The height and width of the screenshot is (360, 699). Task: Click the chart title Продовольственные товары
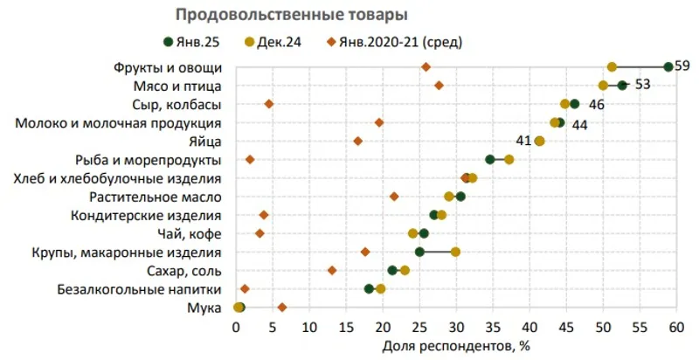tap(292, 15)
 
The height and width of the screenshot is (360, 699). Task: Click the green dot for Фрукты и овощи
tap(668, 66)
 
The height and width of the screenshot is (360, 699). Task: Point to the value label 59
tap(682, 66)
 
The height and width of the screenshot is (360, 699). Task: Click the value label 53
tap(642, 86)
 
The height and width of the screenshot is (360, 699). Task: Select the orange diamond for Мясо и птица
tap(439, 86)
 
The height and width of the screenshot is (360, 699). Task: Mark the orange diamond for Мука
tap(282, 307)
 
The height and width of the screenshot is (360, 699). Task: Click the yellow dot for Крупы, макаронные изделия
tap(455, 252)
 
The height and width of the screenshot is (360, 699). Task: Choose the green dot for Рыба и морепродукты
tap(490, 159)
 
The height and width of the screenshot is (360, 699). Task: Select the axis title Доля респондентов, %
tap(456, 345)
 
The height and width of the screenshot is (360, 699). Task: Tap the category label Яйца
tap(204, 141)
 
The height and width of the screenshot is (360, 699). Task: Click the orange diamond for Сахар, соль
tap(332, 270)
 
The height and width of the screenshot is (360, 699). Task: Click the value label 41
tap(524, 141)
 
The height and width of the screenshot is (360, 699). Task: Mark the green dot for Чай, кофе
tap(424, 233)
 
